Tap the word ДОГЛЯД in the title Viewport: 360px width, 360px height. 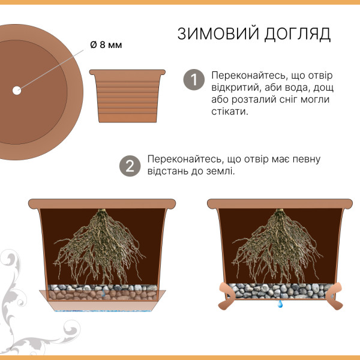pyautogui.click(x=298, y=34)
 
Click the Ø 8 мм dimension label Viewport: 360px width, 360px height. pyautogui.click(x=106, y=45)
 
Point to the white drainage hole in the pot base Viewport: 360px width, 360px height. pyautogui.click(x=17, y=91)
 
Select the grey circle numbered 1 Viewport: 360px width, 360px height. pyautogui.click(x=194, y=80)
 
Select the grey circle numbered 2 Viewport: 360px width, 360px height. pyautogui.click(x=130, y=166)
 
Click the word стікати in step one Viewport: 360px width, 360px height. pyautogui.click(x=230, y=112)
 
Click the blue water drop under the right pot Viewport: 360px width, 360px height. pyautogui.click(x=280, y=304)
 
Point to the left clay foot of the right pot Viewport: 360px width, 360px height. pyautogui.click(x=226, y=296)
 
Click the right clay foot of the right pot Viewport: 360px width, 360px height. pyautogui.click(x=335, y=296)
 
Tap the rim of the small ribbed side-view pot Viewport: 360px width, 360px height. pyautogui.click(x=127, y=72)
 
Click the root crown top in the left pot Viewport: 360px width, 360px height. pyautogui.click(x=101, y=211)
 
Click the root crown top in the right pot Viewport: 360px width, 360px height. pyautogui.click(x=280, y=211)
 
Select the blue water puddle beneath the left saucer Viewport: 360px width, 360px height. pyautogui.click(x=103, y=311)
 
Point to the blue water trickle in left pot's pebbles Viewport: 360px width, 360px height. pyautogui.click(x=104, y=292)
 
